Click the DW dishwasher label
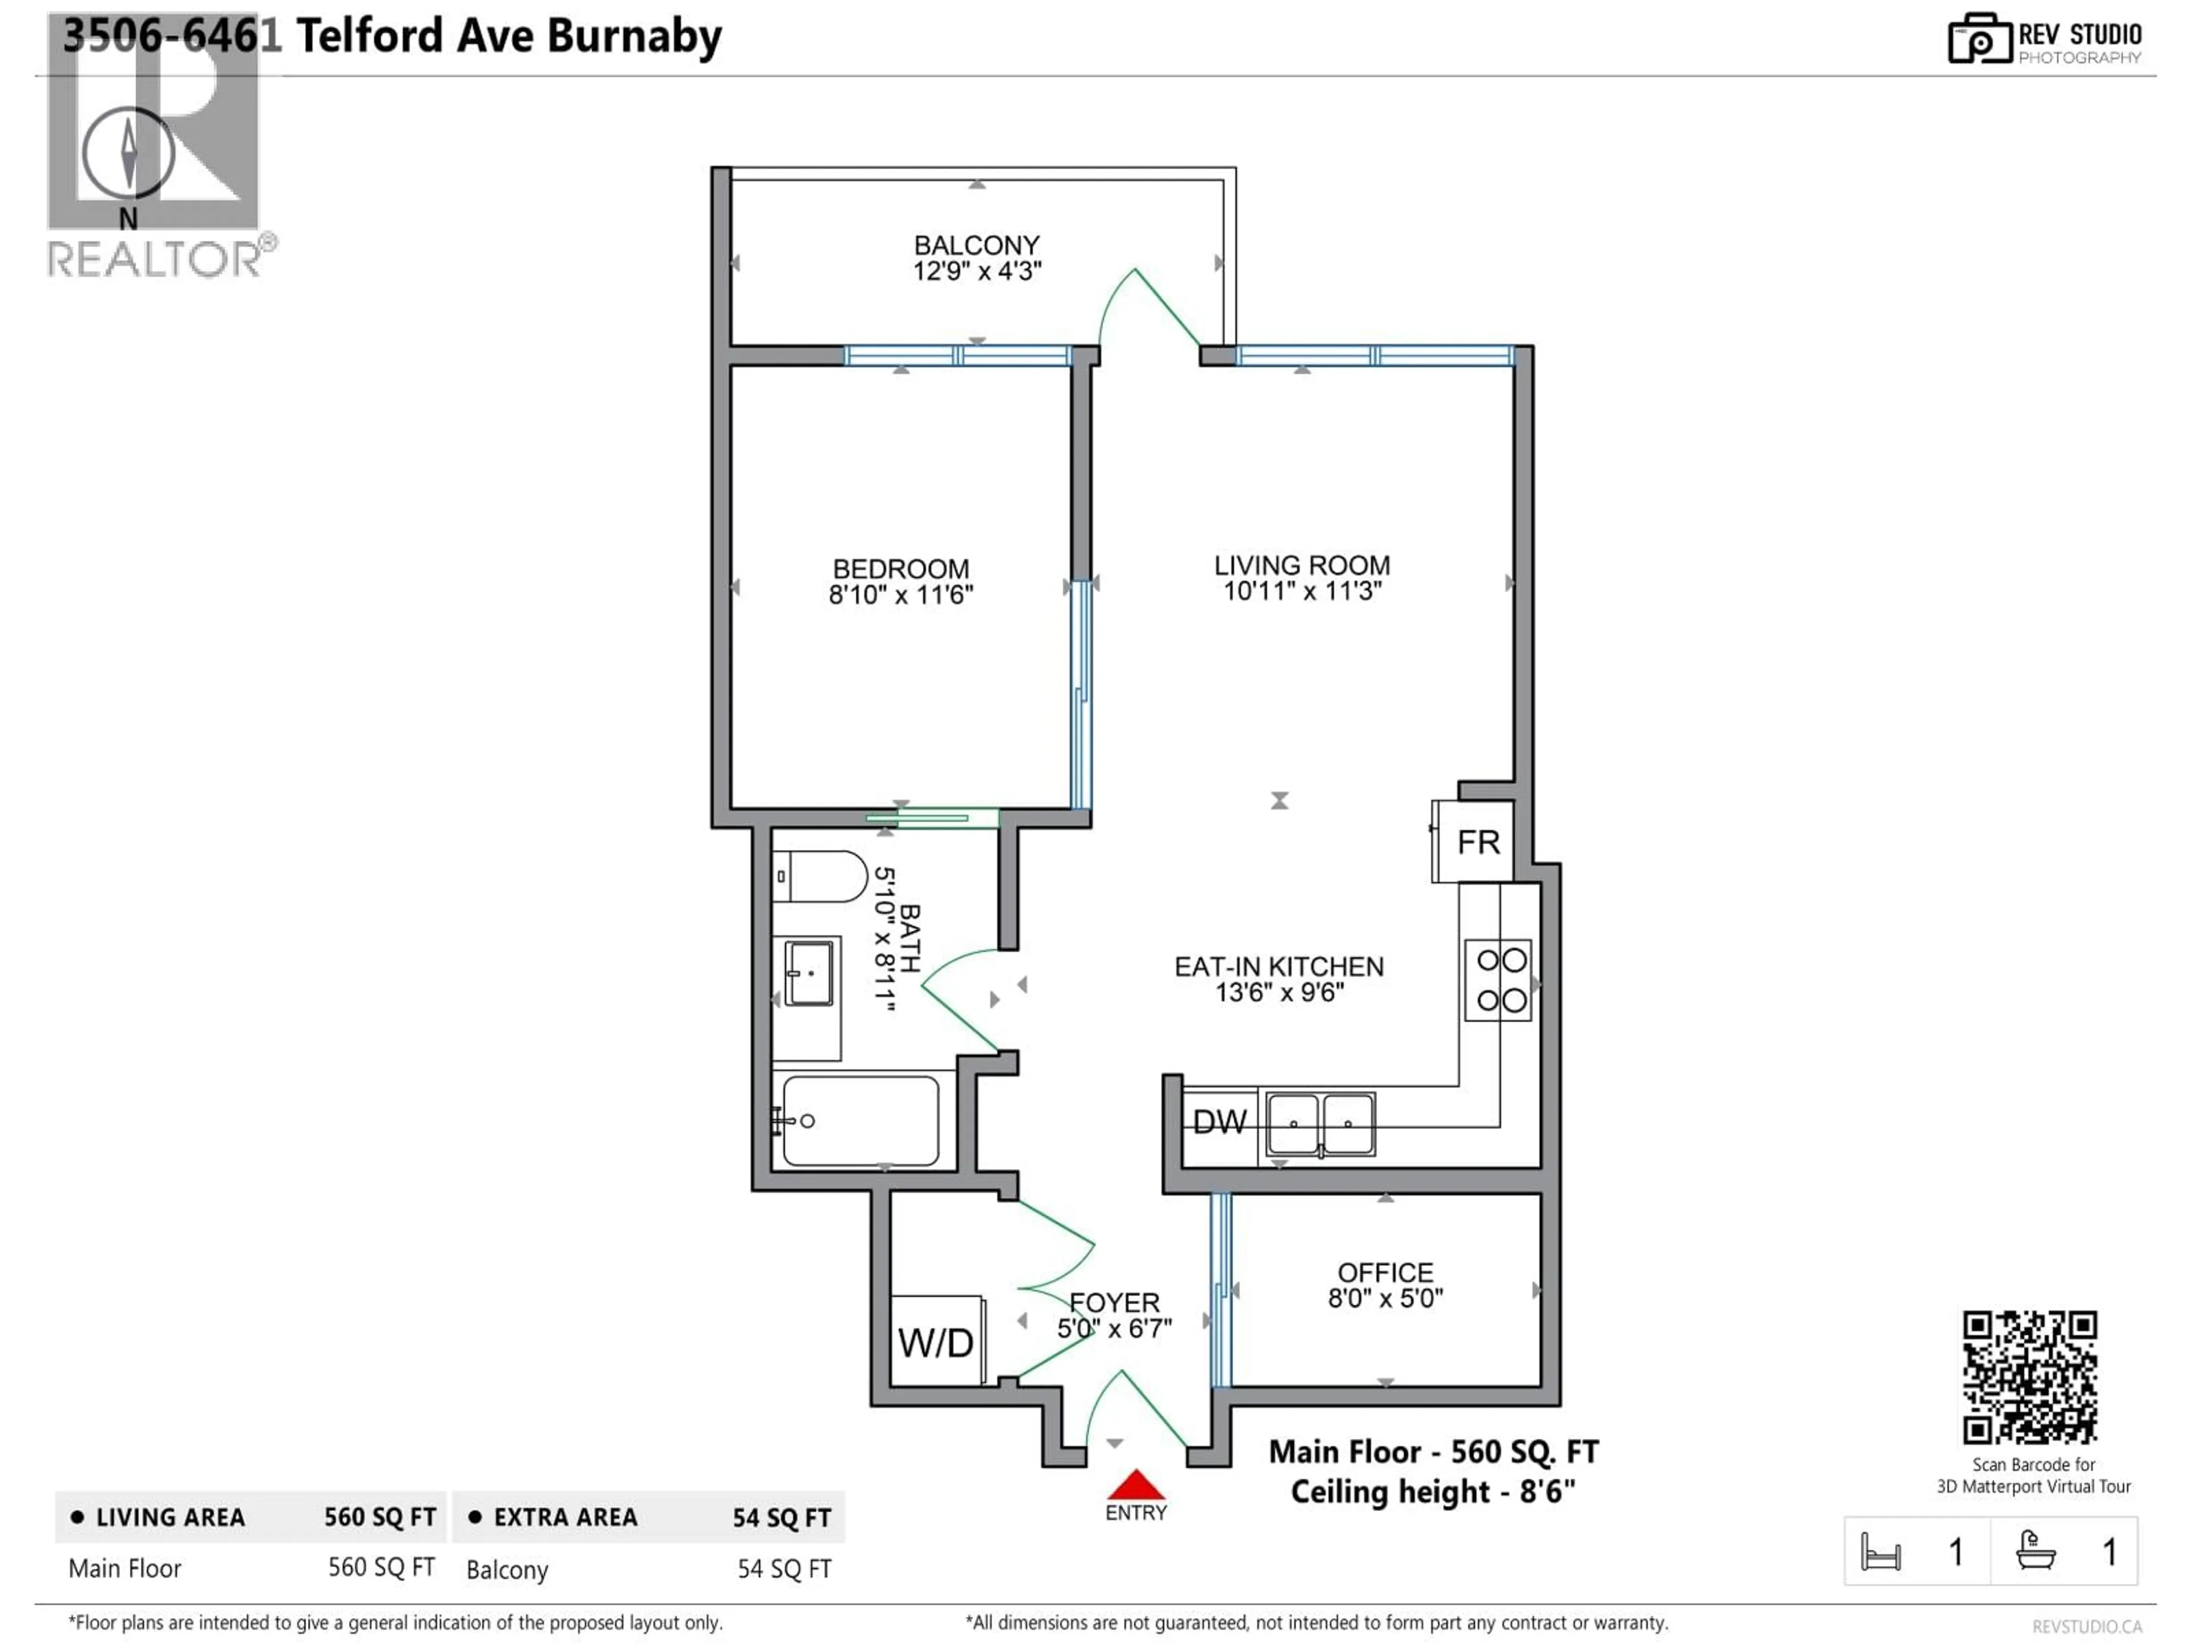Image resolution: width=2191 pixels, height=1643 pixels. click(x=1219, y=1122)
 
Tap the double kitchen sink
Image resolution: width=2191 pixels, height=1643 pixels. click(x=1320, y=1124)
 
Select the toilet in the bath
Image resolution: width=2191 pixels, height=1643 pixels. click(x=820, y=876)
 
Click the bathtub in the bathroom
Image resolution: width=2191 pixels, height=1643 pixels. click(x=860, y=1120)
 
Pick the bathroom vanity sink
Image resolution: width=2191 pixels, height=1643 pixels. click(x=809, y=973)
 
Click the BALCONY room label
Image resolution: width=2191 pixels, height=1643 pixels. click(x=977, y=245)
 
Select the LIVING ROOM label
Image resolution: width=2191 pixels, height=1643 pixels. click(x=1301, y=565)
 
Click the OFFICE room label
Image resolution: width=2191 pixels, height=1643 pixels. click(x=1385, y=1273)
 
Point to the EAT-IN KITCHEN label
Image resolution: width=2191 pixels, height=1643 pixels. click(x=1279, y=966)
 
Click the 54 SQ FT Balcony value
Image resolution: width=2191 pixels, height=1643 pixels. click(x=783, y=1569)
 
